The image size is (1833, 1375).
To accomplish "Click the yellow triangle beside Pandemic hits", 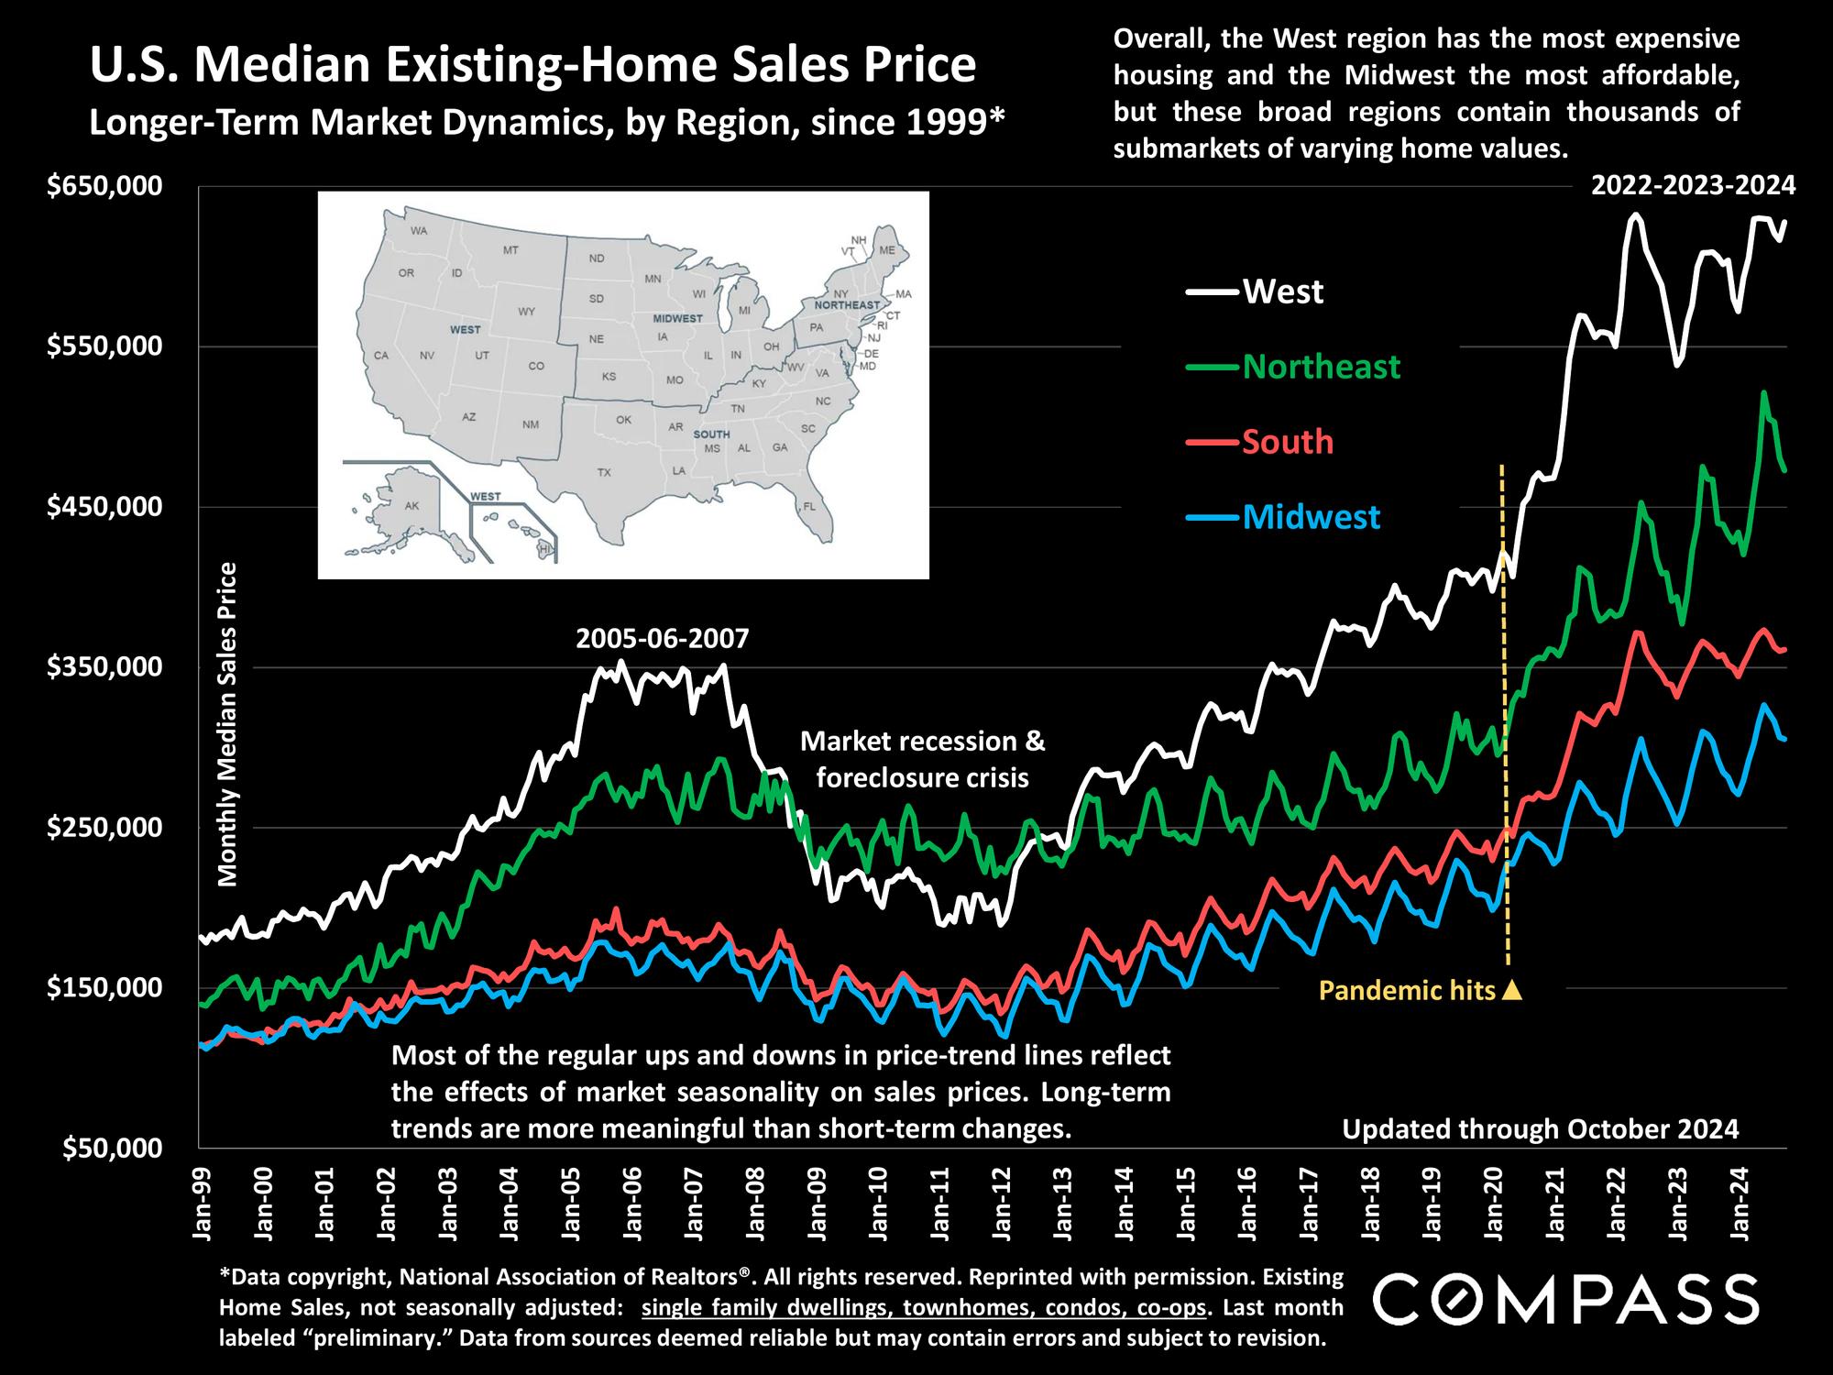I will (1512, 990).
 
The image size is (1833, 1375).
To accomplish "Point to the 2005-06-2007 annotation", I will (662, 638).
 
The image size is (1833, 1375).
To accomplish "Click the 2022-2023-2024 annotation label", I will (1693, 186).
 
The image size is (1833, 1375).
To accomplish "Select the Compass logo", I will (1566, 1299).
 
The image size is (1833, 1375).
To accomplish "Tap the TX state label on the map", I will (604, 473).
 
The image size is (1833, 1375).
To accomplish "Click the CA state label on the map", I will (381, 355).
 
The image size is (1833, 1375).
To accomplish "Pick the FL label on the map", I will (808, 506).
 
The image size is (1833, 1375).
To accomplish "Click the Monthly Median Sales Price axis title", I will (227, 724).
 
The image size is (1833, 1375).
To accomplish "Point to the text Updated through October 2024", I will (1540, 1128).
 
